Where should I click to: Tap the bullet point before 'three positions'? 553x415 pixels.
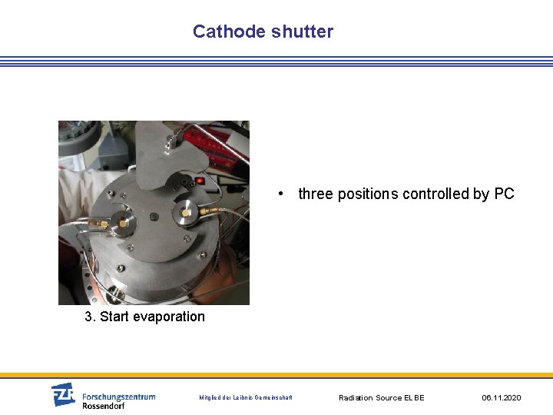tap(283, 194)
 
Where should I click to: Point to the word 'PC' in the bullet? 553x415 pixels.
tap(504, 194)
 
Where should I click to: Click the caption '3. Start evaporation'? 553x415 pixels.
tap(145, 317)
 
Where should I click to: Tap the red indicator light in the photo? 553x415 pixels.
tap(200, 181)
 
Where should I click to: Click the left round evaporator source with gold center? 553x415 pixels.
tap(122, 223)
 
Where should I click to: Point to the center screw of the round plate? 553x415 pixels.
tap(154, 216)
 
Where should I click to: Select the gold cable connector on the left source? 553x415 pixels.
tap(100, 224)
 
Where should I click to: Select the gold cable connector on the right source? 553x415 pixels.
tap(208, 208)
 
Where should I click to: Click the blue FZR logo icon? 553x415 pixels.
tap(63, 394)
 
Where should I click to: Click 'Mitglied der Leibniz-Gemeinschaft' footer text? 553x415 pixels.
tap(246, 398)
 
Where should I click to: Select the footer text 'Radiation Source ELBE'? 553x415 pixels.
tap(382, 398)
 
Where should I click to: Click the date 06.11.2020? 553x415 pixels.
tap(502, 398)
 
